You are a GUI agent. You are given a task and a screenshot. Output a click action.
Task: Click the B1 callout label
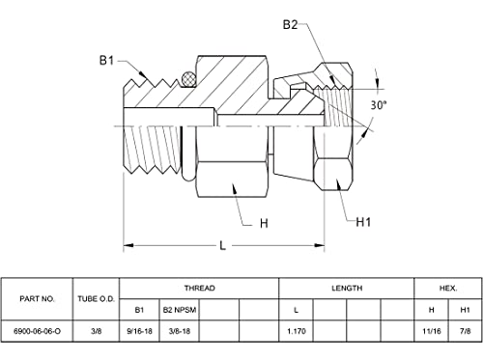tap(106, 60)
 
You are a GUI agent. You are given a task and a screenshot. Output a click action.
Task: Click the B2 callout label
tap(290, 25)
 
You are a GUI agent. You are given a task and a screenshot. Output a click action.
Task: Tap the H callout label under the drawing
tap(264, 223)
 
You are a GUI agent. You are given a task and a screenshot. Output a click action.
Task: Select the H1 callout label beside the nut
tap(363, 222)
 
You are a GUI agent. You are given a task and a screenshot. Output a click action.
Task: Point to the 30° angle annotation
tap(378, 105)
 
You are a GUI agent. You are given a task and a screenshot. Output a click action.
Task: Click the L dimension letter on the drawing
tap(222, 246)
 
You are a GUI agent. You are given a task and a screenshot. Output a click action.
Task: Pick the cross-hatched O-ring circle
tap(188, 78)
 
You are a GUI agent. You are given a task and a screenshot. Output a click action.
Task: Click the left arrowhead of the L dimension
tap(128, 245)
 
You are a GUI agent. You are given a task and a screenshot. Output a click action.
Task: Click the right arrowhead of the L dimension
tap(320, 245)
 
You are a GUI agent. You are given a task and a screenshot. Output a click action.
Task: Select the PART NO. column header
tap(37, 299)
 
